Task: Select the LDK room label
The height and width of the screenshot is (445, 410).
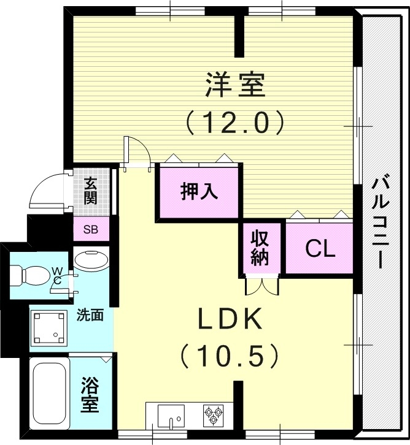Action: [x=230, y=319]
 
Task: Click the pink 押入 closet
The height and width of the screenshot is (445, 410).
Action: [x=199, y=191]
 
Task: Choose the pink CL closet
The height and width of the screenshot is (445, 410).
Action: [x=320, y=249]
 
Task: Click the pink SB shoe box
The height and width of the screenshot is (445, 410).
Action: [x=91, y=230]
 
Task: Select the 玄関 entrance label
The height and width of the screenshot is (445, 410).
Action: [x=91, y=190]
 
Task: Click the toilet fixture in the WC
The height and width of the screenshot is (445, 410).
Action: [x=31, y=275]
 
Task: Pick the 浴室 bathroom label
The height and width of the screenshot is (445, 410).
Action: [x=90, y=395]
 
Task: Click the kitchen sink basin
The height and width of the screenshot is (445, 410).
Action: [x=171, y=416]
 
